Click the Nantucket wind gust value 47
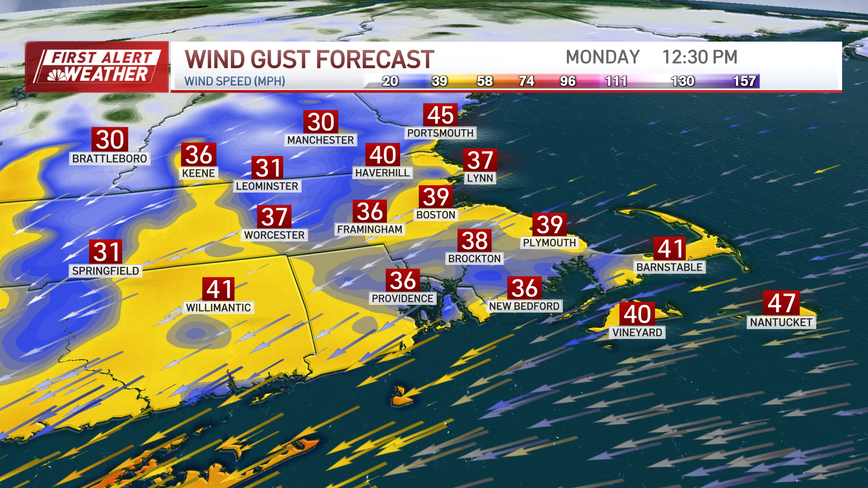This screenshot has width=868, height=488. click(781, 303)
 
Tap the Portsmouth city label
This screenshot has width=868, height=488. click(440, 133)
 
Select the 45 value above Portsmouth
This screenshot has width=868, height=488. click(440, 115)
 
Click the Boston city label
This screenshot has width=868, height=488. click(435, 215)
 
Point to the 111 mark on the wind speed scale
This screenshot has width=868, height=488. click(616, 81)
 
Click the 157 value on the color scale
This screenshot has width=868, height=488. click(744, 81)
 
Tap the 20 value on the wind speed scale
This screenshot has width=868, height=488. click(390, 81)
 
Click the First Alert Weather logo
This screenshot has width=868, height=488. click(97, 67)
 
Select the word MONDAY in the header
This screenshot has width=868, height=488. click(603, 57)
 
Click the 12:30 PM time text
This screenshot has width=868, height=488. click(699, 57)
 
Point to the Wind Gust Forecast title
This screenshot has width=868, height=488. click(309, 60)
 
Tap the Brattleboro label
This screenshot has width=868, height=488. click(109, 159)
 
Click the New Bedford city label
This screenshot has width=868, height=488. click(524, 306)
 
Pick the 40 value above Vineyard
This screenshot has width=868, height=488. click(637, 314)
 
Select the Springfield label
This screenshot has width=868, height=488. click(105, 271)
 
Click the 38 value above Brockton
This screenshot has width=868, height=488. click(475, 241)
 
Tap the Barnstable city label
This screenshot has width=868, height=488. click(669, 267)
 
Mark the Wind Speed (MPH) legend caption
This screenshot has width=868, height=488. click(235, 81)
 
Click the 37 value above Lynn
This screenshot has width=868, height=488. click(480, 160)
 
